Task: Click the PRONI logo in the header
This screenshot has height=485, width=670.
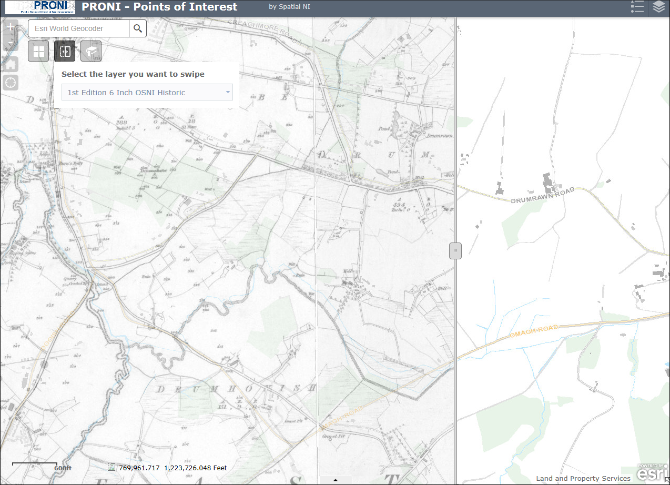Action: pyautogui.click(x=40, y=7)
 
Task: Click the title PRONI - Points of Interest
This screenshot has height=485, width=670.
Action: pyautogui.click(x=160, y=7)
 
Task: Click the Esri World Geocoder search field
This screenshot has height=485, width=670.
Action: pyautogui.click(x=79, y=28)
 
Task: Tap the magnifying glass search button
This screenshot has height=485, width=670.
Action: pyautogui.click(x=138, y=28)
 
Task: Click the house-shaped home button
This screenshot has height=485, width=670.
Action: pyautogui.click(x=11, y=64)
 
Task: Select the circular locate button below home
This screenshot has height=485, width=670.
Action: pyautogui.click(x=11, y=83)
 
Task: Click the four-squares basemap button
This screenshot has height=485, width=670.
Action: pyautogui.click(x=38, y=52)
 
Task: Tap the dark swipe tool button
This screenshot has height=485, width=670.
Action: pyautogui.click(x=65, y=52)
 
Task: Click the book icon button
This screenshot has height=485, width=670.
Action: pyautogui.click(x=91, y=52)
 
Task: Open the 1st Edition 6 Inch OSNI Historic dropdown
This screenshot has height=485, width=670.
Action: pyautogui.click(x=147, y=93)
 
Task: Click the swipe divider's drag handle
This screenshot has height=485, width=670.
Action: pyautogui.click(x=455, y=251)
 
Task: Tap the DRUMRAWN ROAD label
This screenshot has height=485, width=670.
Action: pyautogui.click(x=542, y=195)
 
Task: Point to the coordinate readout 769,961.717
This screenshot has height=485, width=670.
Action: pyautogui.click(x=139, y=468)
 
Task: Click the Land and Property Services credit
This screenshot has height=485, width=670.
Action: pyautogui.click(x=583, y=479)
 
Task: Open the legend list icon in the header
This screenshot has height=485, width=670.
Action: pyautogui.click(x=637, y=7)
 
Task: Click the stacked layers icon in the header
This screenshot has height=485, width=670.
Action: pyautogui.click(x=659, y=7)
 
